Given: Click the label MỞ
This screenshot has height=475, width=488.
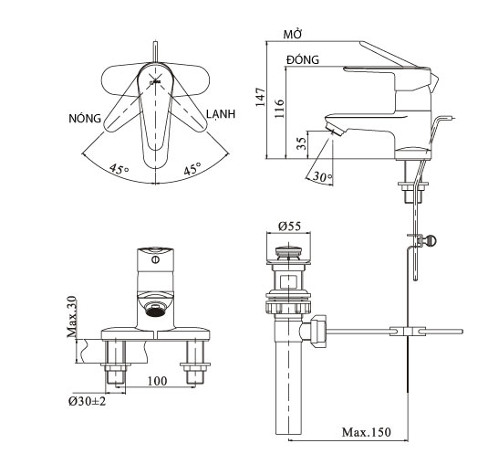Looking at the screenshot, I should pyautogui.click(x=293, y=34).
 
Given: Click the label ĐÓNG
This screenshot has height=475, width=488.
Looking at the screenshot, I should pyautogui.click(x=302, y=58).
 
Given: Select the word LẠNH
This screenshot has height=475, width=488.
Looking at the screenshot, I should pyautogui.click(x=221, y=113).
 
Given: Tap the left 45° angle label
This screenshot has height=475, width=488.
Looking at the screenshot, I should pyautogui.click(x=118, y=169).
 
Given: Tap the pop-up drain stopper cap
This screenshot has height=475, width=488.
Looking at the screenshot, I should pyautogui.click(x=289, y=248).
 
